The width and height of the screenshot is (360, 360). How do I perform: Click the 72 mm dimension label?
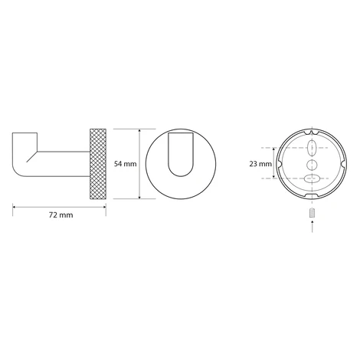click(61, 215)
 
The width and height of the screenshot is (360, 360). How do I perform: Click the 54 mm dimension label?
click(125, 164)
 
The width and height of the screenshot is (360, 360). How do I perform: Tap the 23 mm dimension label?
click(260, 164)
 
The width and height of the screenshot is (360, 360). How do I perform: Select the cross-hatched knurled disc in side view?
click(98, 164)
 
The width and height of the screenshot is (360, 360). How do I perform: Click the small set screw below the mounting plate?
click(313, 213)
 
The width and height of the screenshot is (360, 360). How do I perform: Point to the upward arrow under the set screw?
click(313, 227)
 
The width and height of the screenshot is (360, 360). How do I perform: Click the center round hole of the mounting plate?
click(312, 165)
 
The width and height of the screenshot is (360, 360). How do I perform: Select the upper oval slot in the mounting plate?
click(312, 148)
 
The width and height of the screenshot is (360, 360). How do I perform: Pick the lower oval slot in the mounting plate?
click(313, 178)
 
